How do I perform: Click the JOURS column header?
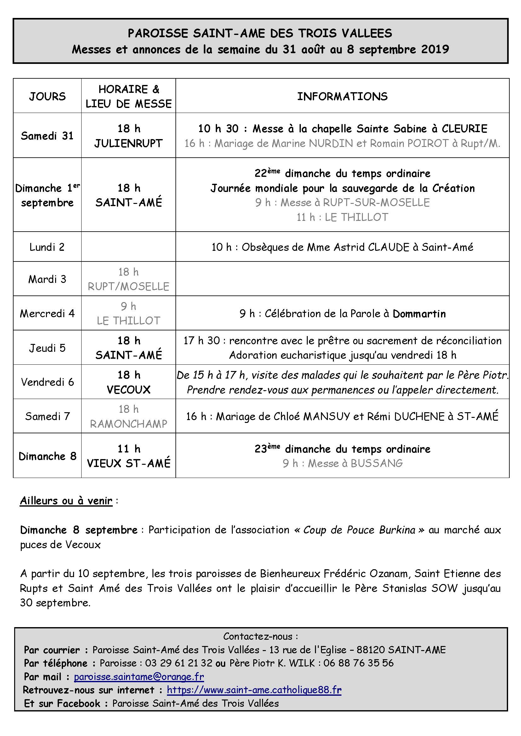click(47, 96)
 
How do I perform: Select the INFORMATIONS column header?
click(342, 96)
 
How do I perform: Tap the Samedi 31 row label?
click(47, 136)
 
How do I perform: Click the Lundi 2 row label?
click(47, 247)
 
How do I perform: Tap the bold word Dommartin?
click(419, 313)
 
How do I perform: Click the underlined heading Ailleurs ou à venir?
click(66, 501)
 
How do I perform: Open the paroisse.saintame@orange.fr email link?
click(139, 677)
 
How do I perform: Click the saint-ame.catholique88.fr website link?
click(254, 689)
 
